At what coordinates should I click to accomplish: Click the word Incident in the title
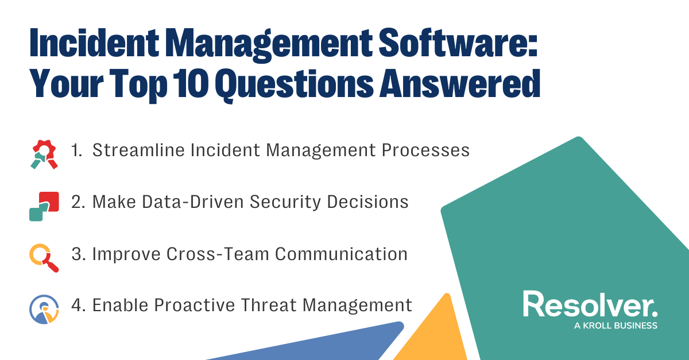(x=94, y=42)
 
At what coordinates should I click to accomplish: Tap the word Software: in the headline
(x=458, y=42)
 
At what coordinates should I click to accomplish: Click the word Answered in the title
(x=460, y=84)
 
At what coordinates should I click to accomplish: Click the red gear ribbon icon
(x=44, y=154)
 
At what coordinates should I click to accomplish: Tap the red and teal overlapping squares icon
(x=44, y=207)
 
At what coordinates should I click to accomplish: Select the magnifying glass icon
(x=44, y=258)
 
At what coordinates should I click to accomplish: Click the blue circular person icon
(x=44, y=309)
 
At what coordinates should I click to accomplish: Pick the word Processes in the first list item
(x=425, y=150)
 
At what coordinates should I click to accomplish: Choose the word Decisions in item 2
(x=367, y=202)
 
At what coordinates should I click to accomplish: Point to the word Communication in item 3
(x=342, y=254)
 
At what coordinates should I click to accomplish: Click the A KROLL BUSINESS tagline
(x=616, y=326)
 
